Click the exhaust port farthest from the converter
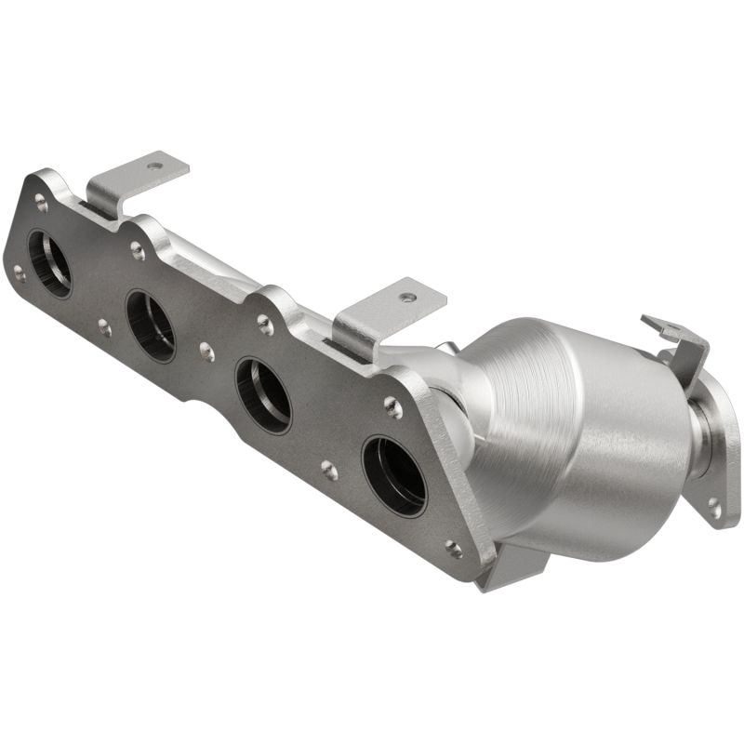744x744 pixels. tap(49, 262)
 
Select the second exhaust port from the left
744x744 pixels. tap(151, 325)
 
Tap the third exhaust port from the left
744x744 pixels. tap(263, 394)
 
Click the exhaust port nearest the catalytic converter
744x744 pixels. tap(393, 475)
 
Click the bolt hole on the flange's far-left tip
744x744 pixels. tap(18, 272)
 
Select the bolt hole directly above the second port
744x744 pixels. tap(138, 248)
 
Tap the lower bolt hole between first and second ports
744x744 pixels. tap(104, 327)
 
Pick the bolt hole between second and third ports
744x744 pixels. tap(207, 352)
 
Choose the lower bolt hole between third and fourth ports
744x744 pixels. tap(329, 470)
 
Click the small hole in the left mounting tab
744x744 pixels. tap(154, 166)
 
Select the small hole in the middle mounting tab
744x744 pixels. tap(406, 298)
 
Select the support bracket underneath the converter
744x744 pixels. tap(516, 565)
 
